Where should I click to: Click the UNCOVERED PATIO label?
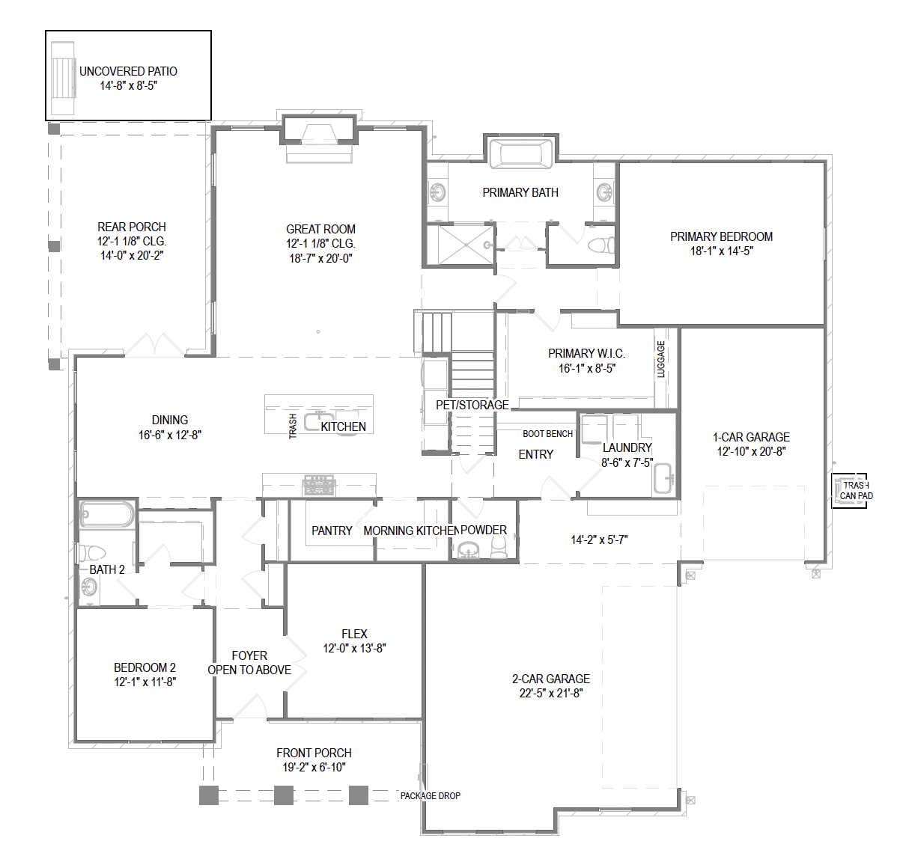coord(128,71)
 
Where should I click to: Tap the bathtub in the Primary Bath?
coord(521,153)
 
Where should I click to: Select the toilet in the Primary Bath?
coord(601,245)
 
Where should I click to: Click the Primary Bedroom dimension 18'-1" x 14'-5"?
coord(722,251)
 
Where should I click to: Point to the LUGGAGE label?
coord(660,359)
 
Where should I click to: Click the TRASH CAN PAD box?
coord(850,491)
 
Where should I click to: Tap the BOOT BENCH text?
coord(547,433)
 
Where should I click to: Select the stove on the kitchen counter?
coord(319,486)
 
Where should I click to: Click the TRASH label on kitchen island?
coord(293,426)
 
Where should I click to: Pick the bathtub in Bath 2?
coord(106,514)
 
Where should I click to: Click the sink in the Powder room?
coord(467,550)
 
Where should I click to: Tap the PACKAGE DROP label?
coord(431,796)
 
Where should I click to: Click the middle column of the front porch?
coord(283,795)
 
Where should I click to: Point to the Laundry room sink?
coord(663,478)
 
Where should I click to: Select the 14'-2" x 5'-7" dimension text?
coord(599,540)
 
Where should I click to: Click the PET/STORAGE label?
coord(472,405)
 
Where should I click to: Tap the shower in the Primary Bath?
coord(466,245)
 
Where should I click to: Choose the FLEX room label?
coord(354,634)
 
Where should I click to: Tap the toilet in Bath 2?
coord(93,553)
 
